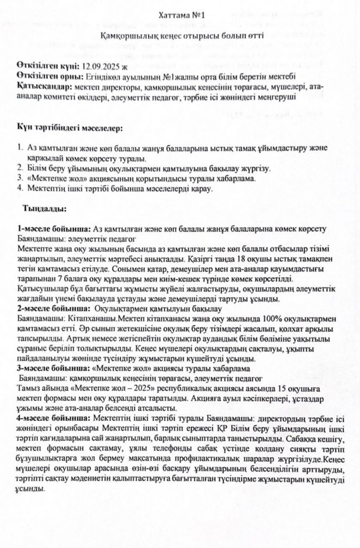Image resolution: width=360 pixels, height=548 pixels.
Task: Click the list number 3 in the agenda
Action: [19, 178]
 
